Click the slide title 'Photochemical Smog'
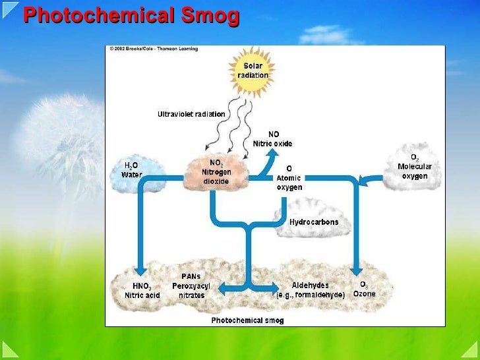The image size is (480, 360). pyautogui.click(x=131, y=16)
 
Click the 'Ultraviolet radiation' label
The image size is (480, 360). pyautogui.click(x=191, y=114)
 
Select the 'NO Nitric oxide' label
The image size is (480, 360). pyautogui.click(x=272, y=139)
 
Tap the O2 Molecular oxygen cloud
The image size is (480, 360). pyautogui.click(x=414, y=167)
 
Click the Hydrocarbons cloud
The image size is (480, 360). pyautogui.click(x=313, y=222)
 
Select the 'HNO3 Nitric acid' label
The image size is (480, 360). pyautogui.click(x=142, y=290)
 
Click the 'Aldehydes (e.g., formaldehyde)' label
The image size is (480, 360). pyautogui.click(x=310, y=290)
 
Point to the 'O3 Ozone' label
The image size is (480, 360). pyautogui.click(x=364, y=289)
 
